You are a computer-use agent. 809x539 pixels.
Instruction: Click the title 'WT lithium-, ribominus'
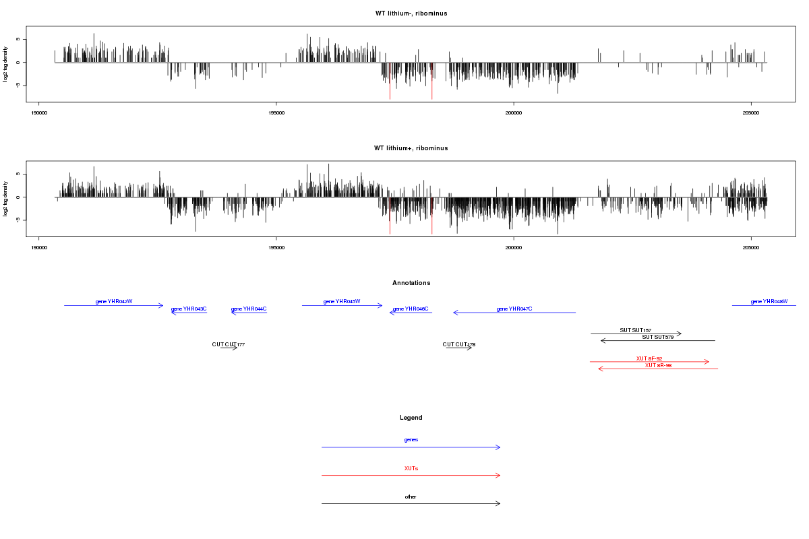(411, 13)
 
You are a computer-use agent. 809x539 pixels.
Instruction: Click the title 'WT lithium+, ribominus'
(411, 148)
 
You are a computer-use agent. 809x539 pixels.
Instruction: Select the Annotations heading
(411, 283)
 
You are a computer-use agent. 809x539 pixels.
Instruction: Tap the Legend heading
(411, 418)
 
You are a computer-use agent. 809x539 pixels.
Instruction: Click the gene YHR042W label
(114, 302)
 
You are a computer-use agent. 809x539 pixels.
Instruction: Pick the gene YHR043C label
(189, 309)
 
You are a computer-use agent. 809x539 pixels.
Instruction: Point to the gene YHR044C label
(249, 309)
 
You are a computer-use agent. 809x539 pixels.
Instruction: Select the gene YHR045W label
(342, 302)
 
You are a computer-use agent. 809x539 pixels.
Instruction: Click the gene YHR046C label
(411, 309)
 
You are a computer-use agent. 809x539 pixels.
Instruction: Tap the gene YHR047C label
(514, 309)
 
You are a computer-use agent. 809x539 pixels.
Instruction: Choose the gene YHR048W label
(769, 302)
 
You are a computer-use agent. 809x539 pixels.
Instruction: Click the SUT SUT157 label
(636, 330)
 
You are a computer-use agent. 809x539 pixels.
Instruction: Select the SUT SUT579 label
(657, 337)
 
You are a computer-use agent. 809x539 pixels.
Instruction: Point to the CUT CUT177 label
(229, 345)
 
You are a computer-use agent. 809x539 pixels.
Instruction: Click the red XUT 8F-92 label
(649, 358)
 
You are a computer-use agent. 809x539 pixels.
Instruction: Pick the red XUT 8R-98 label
(658, 365)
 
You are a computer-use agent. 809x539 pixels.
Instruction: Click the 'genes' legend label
(411, 440)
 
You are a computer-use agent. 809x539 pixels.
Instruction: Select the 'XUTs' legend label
(411, 468)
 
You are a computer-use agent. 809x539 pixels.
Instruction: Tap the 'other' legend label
(411, 497)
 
